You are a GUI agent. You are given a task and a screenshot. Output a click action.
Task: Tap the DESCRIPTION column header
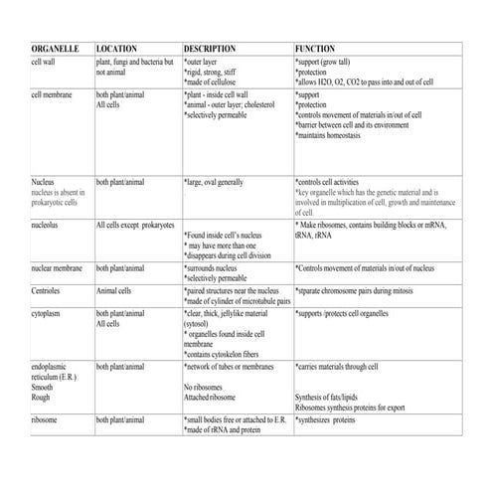click(210, 48)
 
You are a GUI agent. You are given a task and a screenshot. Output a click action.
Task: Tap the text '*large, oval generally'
click(214, 183)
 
